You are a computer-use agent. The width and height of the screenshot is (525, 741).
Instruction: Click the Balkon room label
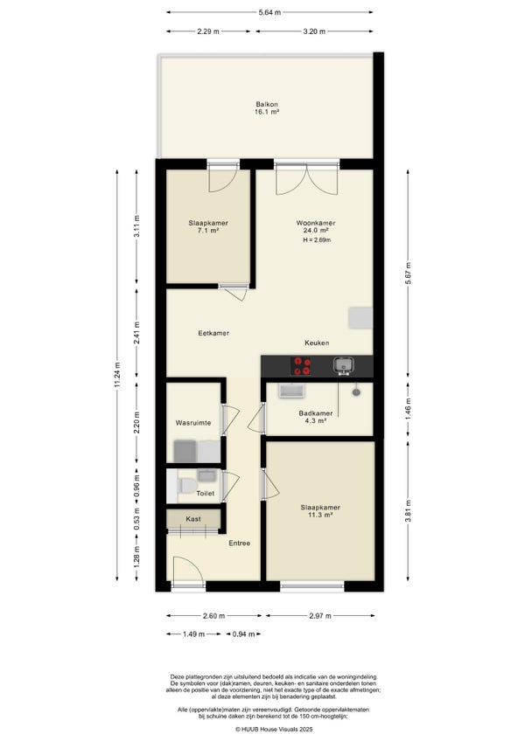[267, 104]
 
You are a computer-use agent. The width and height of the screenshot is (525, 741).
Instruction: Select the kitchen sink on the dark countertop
[343, 365]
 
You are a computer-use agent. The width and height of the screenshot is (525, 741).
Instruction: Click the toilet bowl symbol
[187, 485]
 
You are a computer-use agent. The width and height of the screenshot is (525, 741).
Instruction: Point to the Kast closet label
[193, 519]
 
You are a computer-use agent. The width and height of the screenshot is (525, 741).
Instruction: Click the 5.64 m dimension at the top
[269, 12]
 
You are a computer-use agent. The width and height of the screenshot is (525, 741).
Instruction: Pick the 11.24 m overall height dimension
[117, 375]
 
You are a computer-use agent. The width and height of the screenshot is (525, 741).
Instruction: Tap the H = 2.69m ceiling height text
[317, 240]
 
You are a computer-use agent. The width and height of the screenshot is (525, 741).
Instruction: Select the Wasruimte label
[193, 423]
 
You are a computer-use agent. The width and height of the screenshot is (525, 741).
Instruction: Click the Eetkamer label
[213, 333]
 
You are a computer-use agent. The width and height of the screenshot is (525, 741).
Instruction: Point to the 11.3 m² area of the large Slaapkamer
[320, 515]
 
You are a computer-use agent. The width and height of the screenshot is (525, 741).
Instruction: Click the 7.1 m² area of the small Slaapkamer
[208, 231]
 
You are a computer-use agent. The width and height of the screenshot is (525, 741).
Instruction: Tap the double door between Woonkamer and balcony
[307, 179]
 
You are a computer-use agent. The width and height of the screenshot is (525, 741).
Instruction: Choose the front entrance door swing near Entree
[188, 572]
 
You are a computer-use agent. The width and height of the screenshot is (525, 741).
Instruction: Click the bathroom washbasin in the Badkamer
[291, 391]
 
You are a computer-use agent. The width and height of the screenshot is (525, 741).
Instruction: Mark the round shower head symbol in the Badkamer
[356, 391]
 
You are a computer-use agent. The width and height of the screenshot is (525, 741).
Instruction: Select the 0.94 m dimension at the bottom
[244, 634]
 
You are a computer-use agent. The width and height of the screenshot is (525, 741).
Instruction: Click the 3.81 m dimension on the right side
[408, 511]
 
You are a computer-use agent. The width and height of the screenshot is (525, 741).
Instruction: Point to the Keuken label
[317, 343]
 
